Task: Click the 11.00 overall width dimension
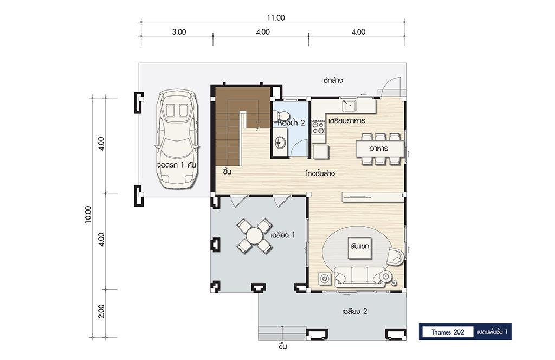pyautogui.click(x=276, y=18)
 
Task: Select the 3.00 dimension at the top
pyautogui.click(x=179, y=32)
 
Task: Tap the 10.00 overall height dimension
pyautogui.click(x=88, y=214)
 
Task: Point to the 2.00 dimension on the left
pyautogui.click(x=101, y=311)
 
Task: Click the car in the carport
pyautogui.click(x=177, y=138)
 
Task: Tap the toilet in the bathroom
pyautogui.click(x=283, y=115)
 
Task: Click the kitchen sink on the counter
pyautogui.click(x=349, y=105)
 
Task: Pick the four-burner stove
pyautogui.click(x=318, y=127)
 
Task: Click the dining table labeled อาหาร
pyautogui.click(x=379, y=149)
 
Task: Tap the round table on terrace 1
pyautogui.click(x=255, y=236)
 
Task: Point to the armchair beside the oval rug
pyautogui.click(x=395, y=256)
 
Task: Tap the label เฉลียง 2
pyautogui.click(x=354, y=312)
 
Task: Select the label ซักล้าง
pyautogui.click(x=333, y=80)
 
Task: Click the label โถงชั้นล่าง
pyautogui.click(x=320, y=173)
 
